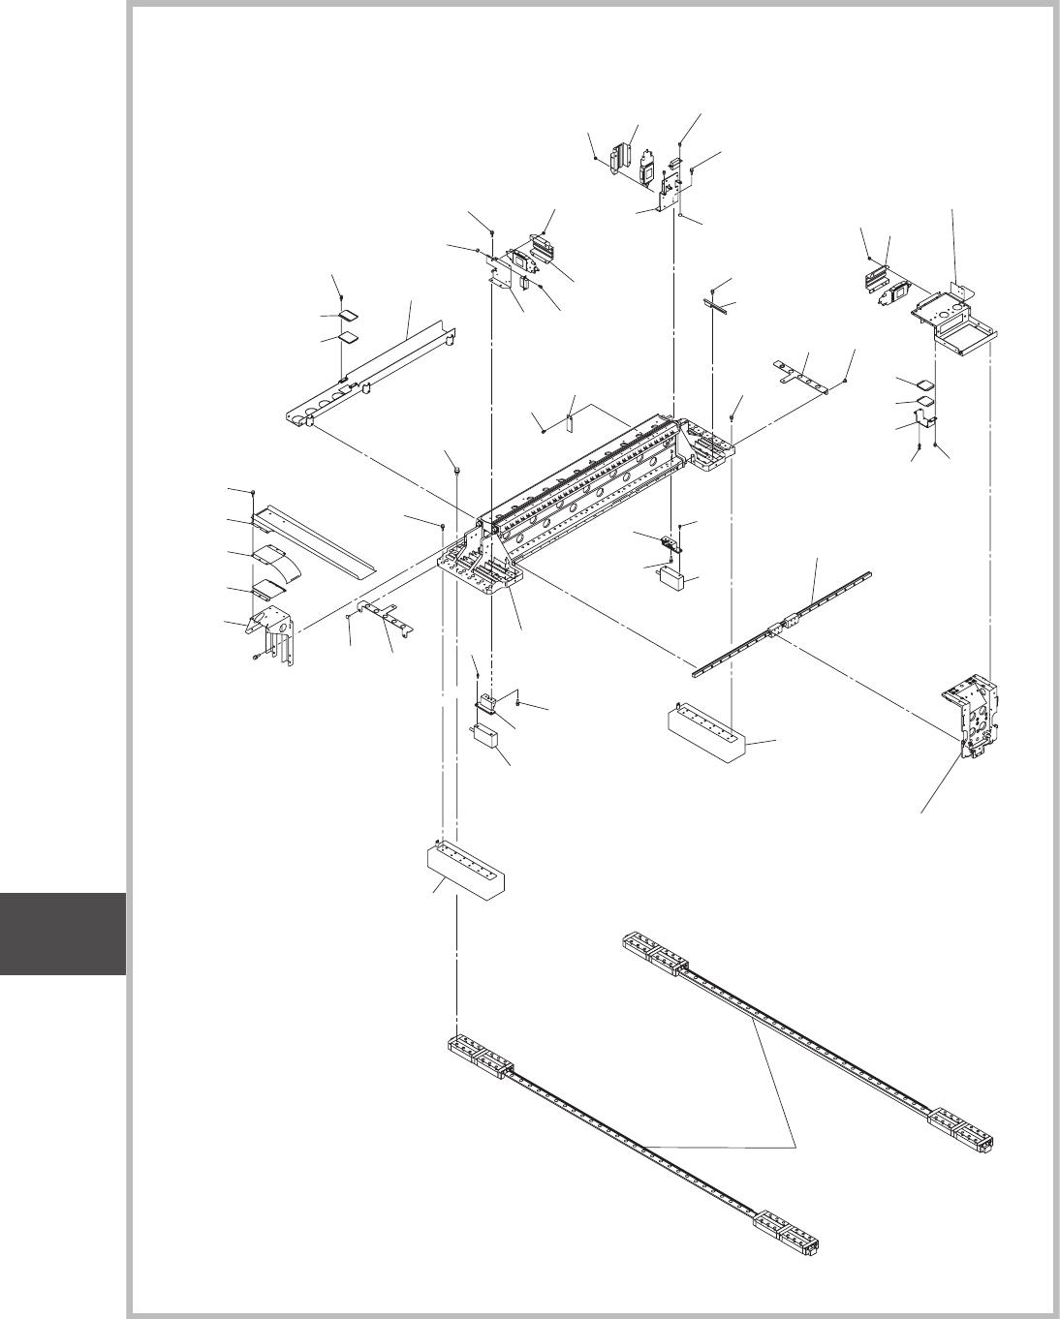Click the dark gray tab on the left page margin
coord(63,934)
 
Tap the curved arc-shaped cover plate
coord(272,561)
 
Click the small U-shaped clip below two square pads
coord(926,420)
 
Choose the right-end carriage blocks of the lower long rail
coord(789,1228)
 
